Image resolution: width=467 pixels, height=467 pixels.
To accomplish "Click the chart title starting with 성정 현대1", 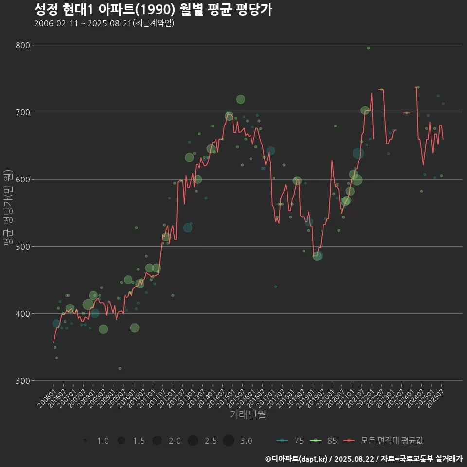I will [153, 10].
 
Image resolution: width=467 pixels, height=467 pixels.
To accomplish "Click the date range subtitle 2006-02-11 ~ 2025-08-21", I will [104, 23].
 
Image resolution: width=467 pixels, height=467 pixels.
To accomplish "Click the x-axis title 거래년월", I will [248, 415].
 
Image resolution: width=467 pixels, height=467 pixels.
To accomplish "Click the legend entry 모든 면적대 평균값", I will [384, 441].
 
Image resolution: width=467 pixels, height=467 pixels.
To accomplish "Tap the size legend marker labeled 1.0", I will [86, 441].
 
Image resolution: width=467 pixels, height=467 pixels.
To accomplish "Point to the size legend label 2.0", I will [175, 441].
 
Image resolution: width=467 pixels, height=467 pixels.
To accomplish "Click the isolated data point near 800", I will [368, 48].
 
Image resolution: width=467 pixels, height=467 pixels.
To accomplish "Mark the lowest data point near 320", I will [120, 368].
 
